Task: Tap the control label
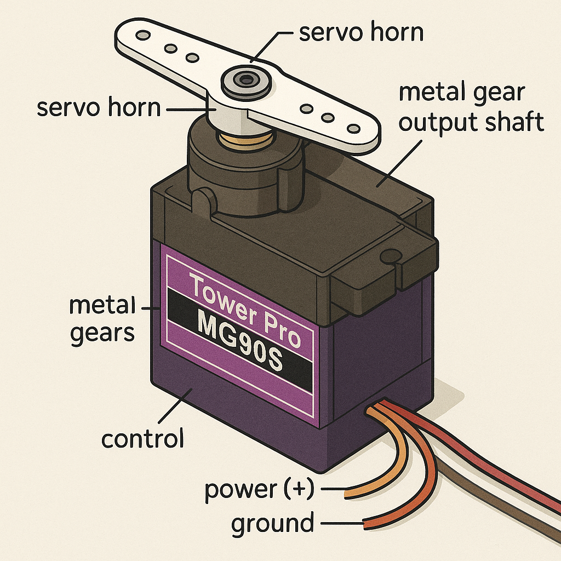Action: tap(142, 439)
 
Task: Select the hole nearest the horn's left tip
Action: tap(144, 35)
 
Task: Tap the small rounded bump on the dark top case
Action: tap(203, 201)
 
